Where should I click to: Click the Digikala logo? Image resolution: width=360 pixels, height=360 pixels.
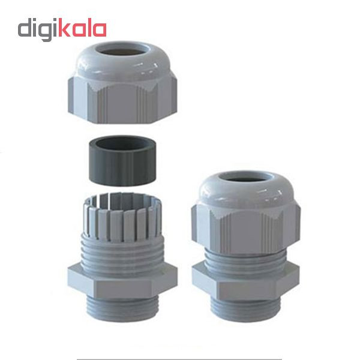pyautogui.click(x=62, y=29)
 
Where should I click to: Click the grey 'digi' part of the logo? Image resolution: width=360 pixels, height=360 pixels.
pyautogui.click(x=38, y=29)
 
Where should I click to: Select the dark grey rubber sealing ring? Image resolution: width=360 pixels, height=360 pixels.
pyautogui.click(x=122, y=161)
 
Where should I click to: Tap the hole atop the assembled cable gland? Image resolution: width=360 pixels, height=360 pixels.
pyautogui.click(x=246, y=178)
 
